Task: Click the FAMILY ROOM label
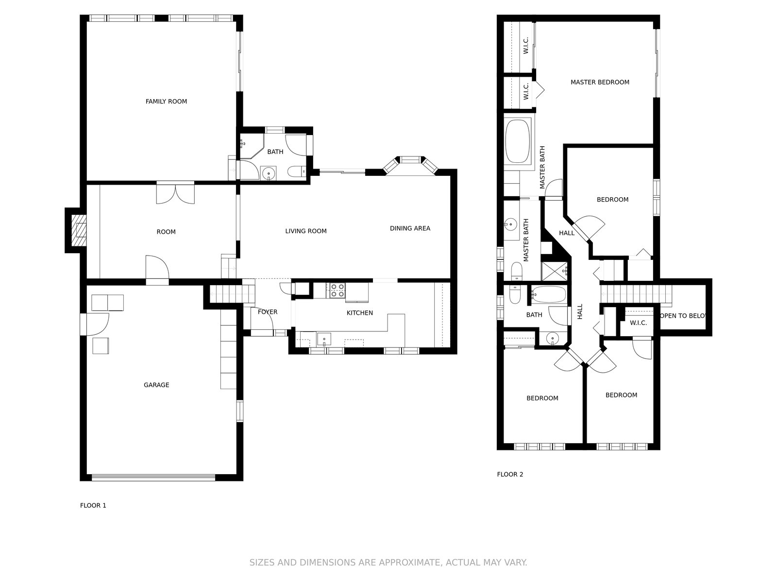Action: coord(166,102)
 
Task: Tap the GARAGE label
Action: coord(156,385)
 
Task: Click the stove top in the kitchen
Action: coord(338,290)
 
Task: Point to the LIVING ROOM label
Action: coord(306,231)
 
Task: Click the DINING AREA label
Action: coord(410,228)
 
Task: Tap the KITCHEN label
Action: coord(360,313)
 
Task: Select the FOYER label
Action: coord(268,312)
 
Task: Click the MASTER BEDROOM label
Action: coord(600,82)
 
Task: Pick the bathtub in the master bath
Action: coord(518,141)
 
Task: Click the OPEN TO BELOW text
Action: coord(683,316)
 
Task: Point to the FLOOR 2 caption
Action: coord(510,474)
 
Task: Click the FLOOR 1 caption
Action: coord(93,505)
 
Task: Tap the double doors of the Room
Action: coord(176,192)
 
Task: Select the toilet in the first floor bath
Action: coord(297,172)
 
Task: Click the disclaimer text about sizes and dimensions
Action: coord(388,563)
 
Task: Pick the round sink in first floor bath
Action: coord(269,173)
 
